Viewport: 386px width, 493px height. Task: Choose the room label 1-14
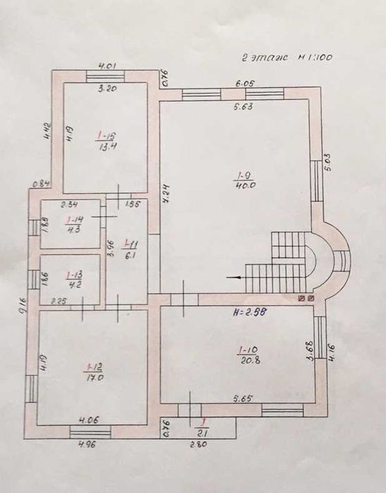pyautogui.click(x=70, y=219)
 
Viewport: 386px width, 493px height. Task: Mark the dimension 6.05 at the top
pyautogui.click(x=245, y=82)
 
